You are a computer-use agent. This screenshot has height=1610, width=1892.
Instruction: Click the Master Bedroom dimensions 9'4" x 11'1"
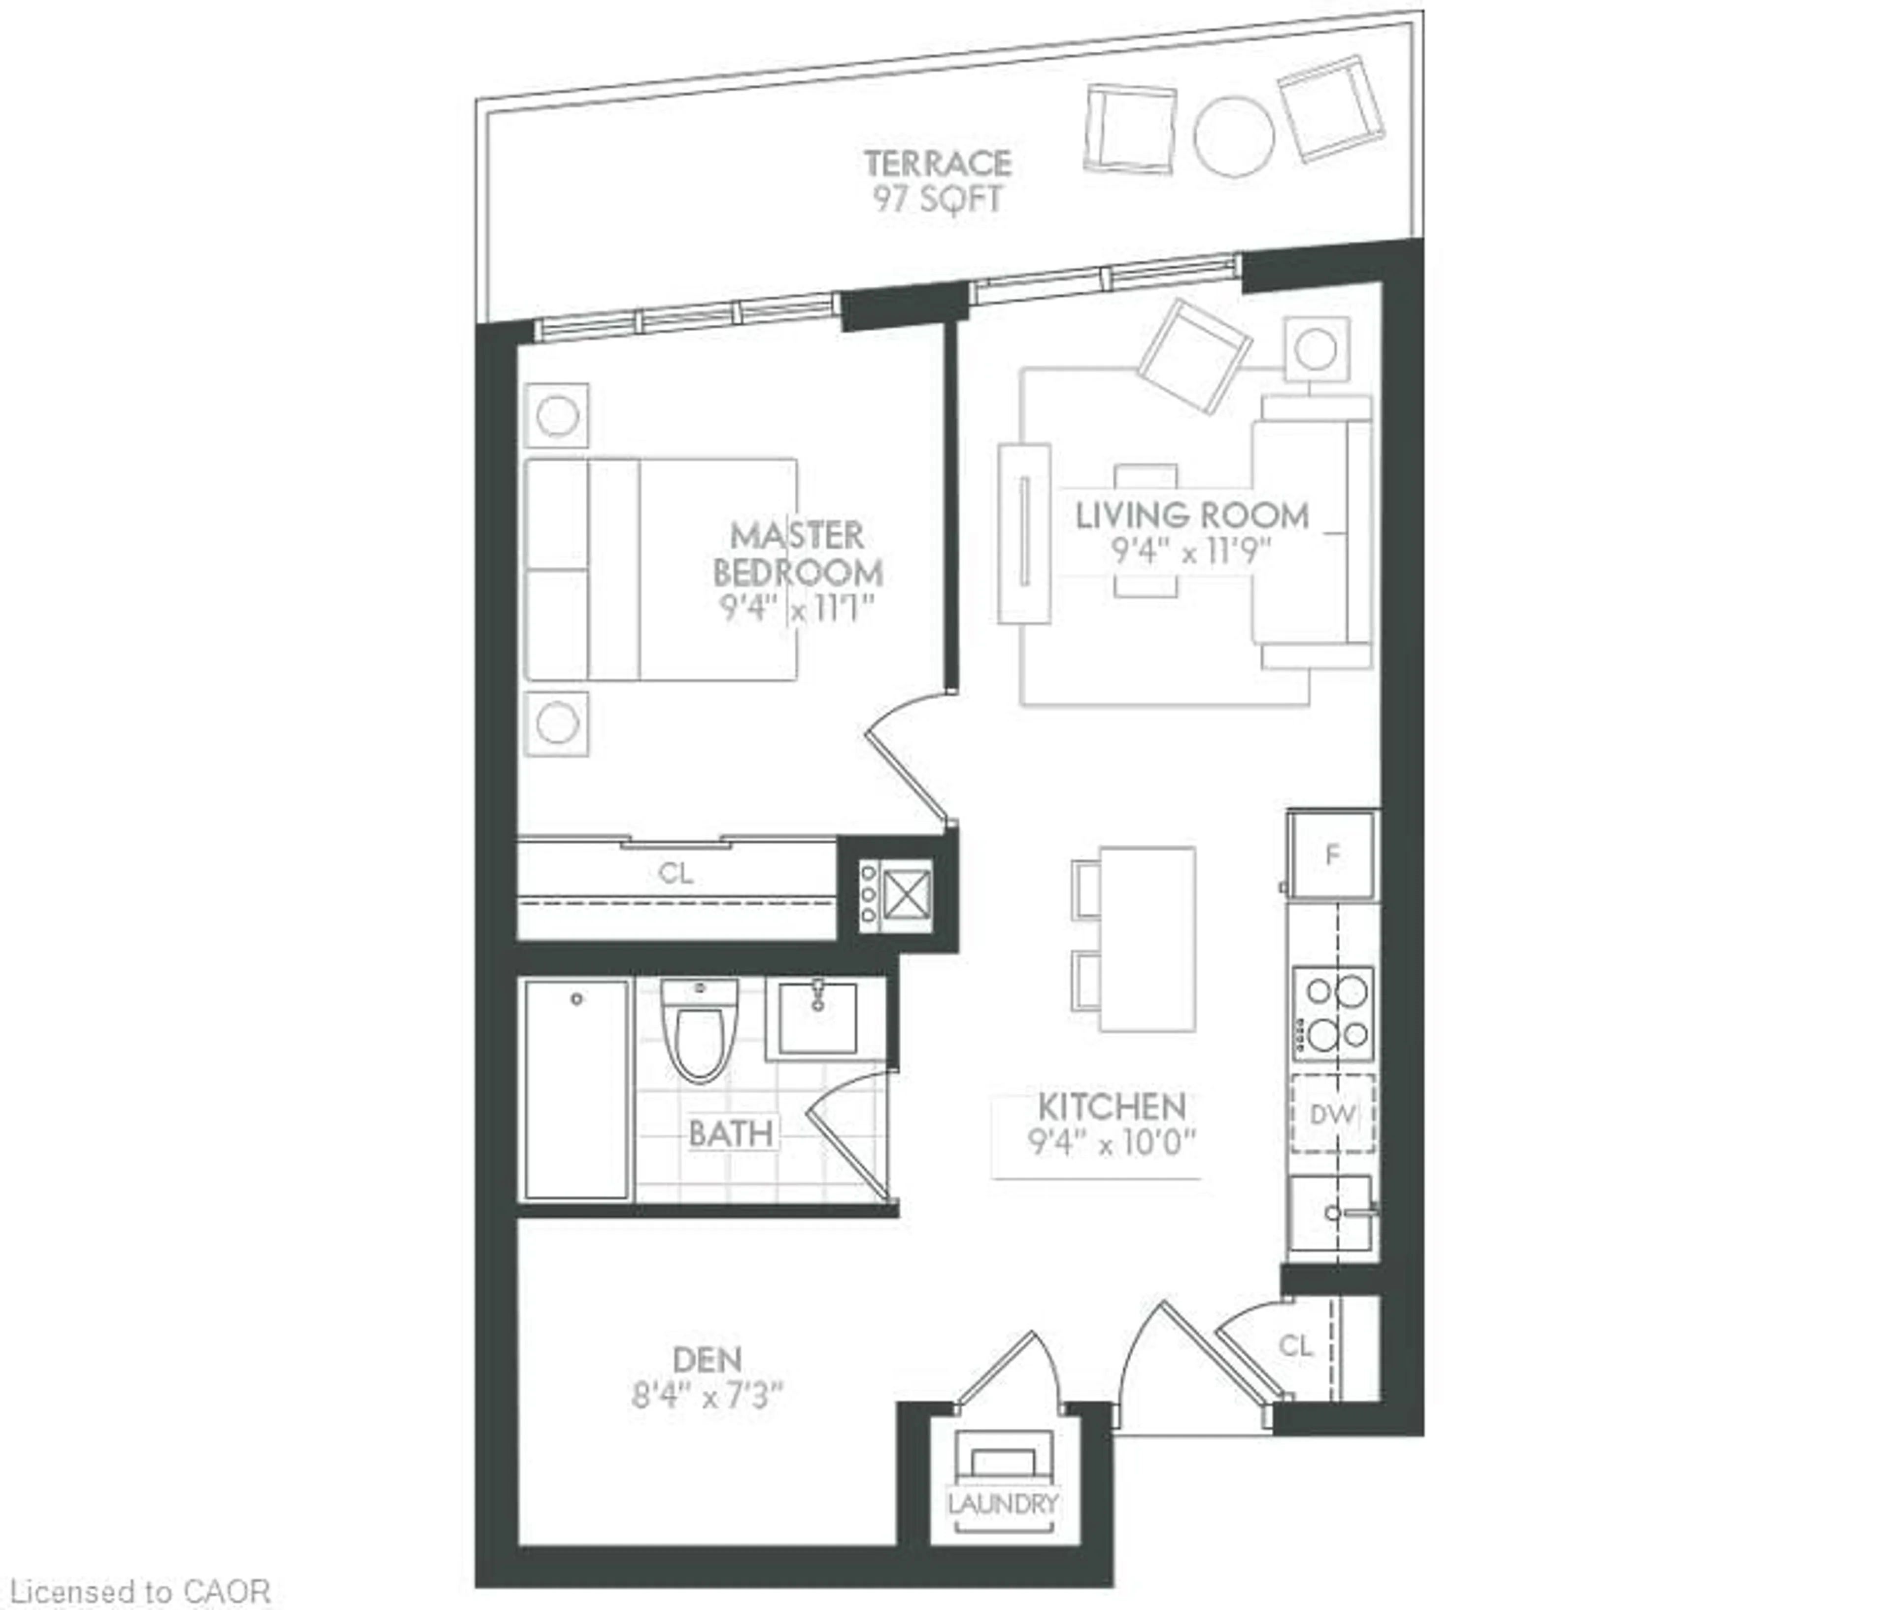coord(796,608)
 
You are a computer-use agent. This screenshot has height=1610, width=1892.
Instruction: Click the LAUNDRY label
coord(1002,1503)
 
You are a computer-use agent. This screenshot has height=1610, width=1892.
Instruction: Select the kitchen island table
coord(1147,938)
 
